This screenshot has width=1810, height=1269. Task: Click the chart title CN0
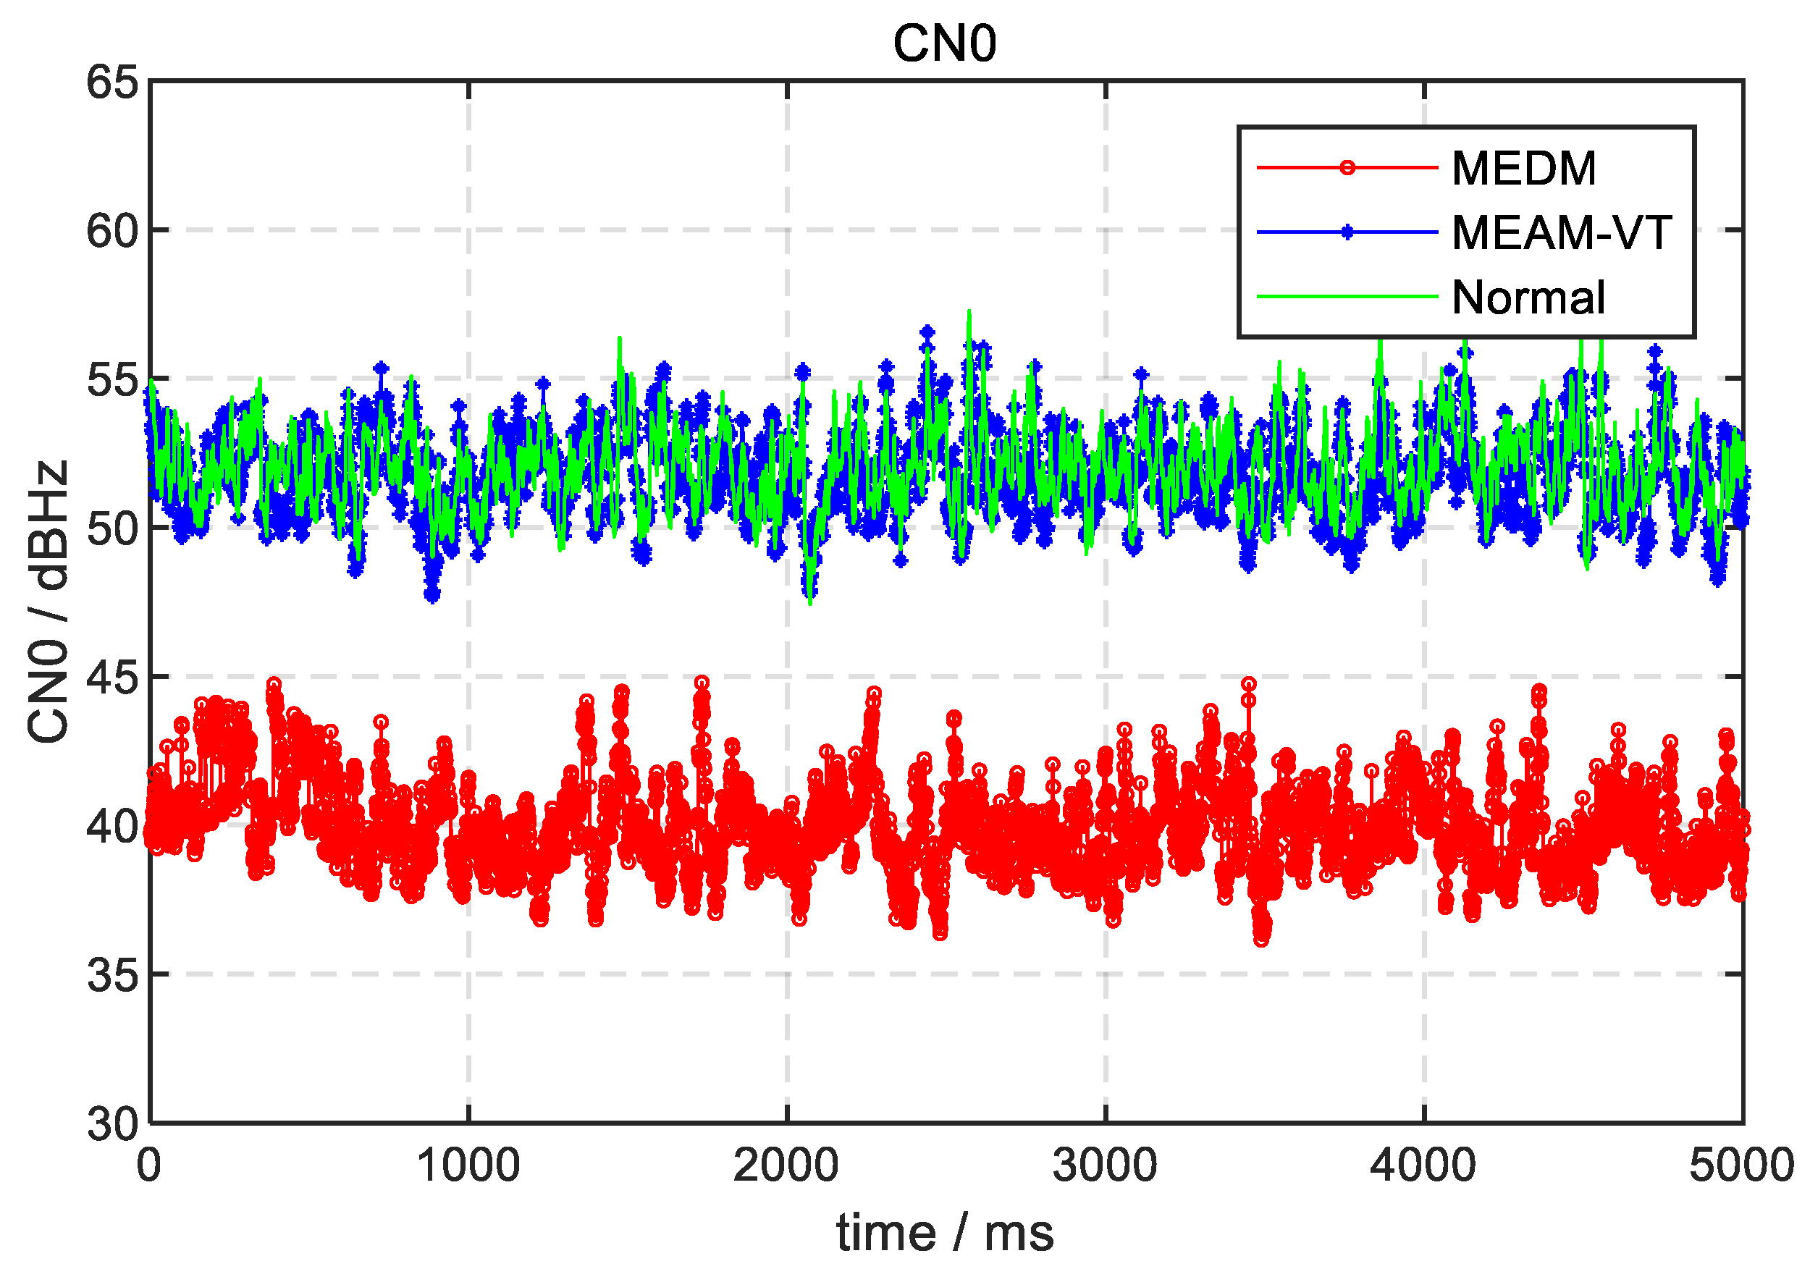(x=944, y=43)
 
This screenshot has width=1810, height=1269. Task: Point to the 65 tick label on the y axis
(x=113, y=82)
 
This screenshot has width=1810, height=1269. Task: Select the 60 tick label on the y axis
(x=113, y=231)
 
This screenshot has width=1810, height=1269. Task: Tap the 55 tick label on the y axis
(x=113, y=380)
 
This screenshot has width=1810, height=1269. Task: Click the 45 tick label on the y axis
(x=113, y=677)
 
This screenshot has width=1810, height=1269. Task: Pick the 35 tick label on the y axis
(x=113, y=975)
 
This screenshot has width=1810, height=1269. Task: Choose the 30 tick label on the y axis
(x=113, y=1124)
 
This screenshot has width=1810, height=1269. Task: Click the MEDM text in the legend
(x=1524, y=169)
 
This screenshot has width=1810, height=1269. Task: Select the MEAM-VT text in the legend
(x=1561, y=233)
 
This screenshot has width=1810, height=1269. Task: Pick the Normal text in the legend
(x=1528, y=298)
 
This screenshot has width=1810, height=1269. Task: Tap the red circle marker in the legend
(x=1347, y=168)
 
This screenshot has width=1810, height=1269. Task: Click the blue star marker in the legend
(x=1347, y=232)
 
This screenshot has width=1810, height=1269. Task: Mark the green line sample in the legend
(x=1347, y=297)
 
